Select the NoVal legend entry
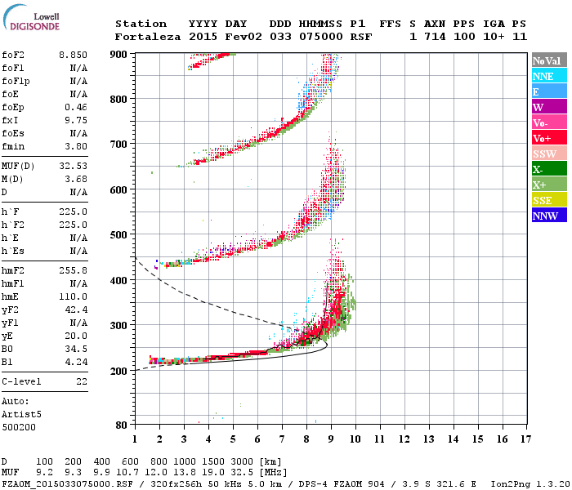tap(546, 60)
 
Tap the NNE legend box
tap(546, 76)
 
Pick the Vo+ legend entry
tap(546, 138)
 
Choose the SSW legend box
tap(546, 154)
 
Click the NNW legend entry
tap(546, 216)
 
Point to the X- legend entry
tap(546, 169)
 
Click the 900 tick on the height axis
tap(118, 54)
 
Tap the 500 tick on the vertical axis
tap(118, 235)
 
